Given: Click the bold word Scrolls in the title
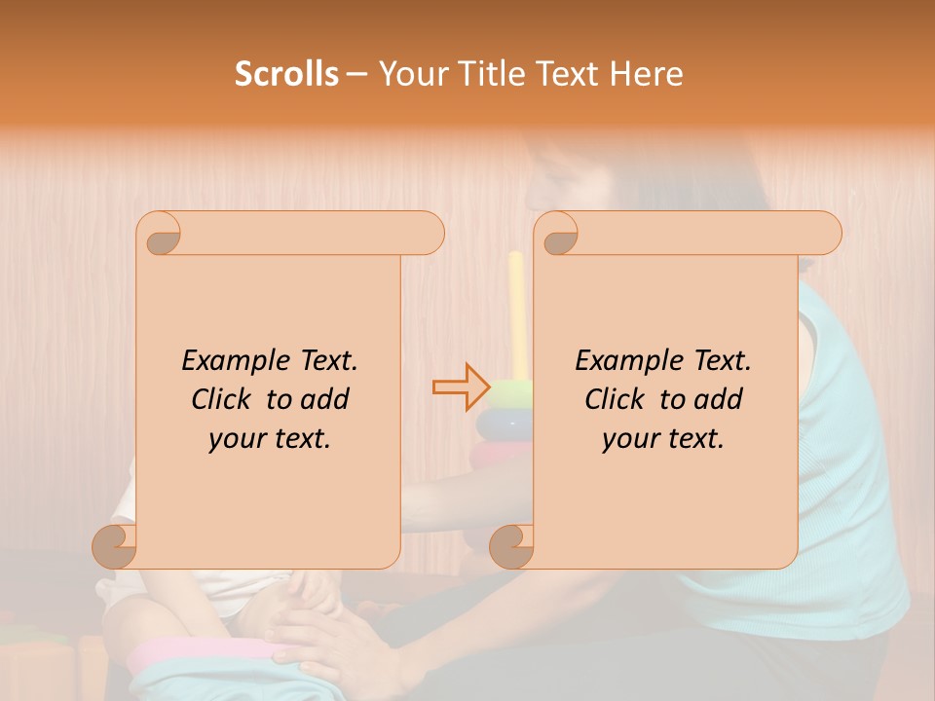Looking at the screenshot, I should tap(286, 74).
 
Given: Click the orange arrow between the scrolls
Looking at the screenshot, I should tap(462, 387).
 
